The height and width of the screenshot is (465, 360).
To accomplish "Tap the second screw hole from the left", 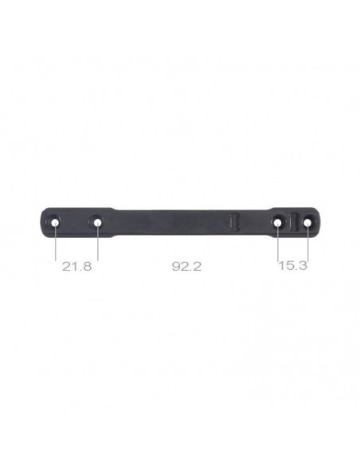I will tap(98, 224).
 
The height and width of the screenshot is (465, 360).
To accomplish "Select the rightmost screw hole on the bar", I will tap(307, 224).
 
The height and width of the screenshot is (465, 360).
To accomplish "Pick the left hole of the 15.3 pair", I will tap(277, 224).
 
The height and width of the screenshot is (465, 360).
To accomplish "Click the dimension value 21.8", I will tap(76, 266).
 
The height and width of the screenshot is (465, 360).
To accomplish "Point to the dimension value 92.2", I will tap(186, 266).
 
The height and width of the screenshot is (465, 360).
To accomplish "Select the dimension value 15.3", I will tap(292, 266).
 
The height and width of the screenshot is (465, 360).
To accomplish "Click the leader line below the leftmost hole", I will tap(55, 247).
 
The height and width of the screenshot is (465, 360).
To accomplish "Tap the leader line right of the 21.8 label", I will tap(98, 247).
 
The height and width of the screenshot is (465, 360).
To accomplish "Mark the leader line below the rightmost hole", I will tap(307, 247).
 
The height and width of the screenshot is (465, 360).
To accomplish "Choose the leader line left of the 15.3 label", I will tap(277, 247).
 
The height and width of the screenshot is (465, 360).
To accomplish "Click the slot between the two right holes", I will tap(292, 222).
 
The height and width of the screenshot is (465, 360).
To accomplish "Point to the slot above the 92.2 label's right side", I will tap(233, 221).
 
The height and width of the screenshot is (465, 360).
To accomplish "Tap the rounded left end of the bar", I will tap(41, 224).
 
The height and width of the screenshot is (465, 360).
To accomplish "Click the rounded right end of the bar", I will tap(320, 224).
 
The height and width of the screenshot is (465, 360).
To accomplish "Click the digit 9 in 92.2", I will tap(175, 266).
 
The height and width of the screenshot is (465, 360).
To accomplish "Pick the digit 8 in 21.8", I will tap(88, 266).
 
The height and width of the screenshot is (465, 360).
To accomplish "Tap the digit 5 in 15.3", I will tap(288, 266).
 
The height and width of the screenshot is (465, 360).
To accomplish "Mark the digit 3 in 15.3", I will tap(303, 266).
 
